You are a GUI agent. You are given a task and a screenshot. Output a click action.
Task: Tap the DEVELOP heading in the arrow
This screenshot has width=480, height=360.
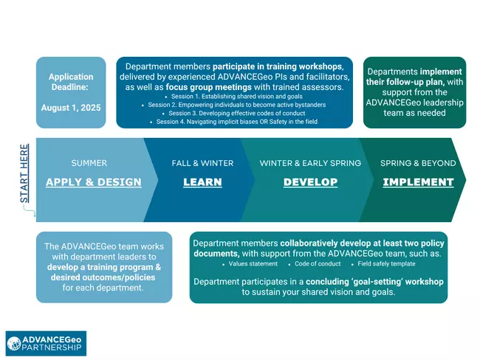coord(310,182)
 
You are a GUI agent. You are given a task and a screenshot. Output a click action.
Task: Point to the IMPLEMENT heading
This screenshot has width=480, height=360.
coord(418,182)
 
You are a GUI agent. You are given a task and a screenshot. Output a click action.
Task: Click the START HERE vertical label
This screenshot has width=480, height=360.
coord(24,174)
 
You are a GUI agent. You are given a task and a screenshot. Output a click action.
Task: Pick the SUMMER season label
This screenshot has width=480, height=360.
coord(89,163)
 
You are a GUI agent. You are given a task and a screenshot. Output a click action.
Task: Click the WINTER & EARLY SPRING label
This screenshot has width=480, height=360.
coord(310,163)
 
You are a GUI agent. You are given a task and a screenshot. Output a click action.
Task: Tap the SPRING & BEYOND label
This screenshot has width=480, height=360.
coord(418,163)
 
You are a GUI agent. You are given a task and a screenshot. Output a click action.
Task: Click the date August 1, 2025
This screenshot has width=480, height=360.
coord(71,106)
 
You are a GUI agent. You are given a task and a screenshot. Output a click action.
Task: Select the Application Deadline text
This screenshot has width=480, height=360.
coord(71,81)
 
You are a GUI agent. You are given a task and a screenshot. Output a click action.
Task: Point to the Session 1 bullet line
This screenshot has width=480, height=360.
coord(236,97)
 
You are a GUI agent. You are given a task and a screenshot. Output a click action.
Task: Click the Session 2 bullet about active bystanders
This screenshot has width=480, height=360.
coord(236,105)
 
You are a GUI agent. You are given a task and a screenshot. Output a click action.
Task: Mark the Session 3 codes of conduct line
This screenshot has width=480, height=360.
coord(236,113)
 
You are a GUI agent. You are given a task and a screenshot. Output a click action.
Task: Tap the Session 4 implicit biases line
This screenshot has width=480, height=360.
coord(236,121)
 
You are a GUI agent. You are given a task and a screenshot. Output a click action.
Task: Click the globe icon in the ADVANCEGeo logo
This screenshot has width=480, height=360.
coord(16,342)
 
